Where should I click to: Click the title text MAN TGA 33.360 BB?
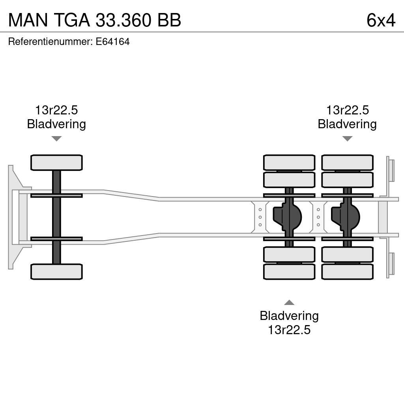pos(95,20)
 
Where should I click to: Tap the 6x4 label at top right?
pos(381,20)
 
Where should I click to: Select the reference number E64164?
pos(112,42)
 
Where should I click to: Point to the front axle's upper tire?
pos(56,163)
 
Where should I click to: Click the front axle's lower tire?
pos(56,272)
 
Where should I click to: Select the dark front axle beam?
pos(56,217)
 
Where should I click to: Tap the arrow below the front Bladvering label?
pos(56,138)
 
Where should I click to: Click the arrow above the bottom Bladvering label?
pos(289,303)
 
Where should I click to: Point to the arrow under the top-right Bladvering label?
pos(347,138)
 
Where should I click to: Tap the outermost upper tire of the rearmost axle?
pos(347,163)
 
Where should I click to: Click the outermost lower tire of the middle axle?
pos(289,272)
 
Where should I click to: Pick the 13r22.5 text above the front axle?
pos(56,110)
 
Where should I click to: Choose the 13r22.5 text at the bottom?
pos(289,330)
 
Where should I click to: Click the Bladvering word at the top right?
pos(347,124)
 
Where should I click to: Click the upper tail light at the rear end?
pos(391,170)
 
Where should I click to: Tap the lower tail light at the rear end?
pos(391,264)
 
